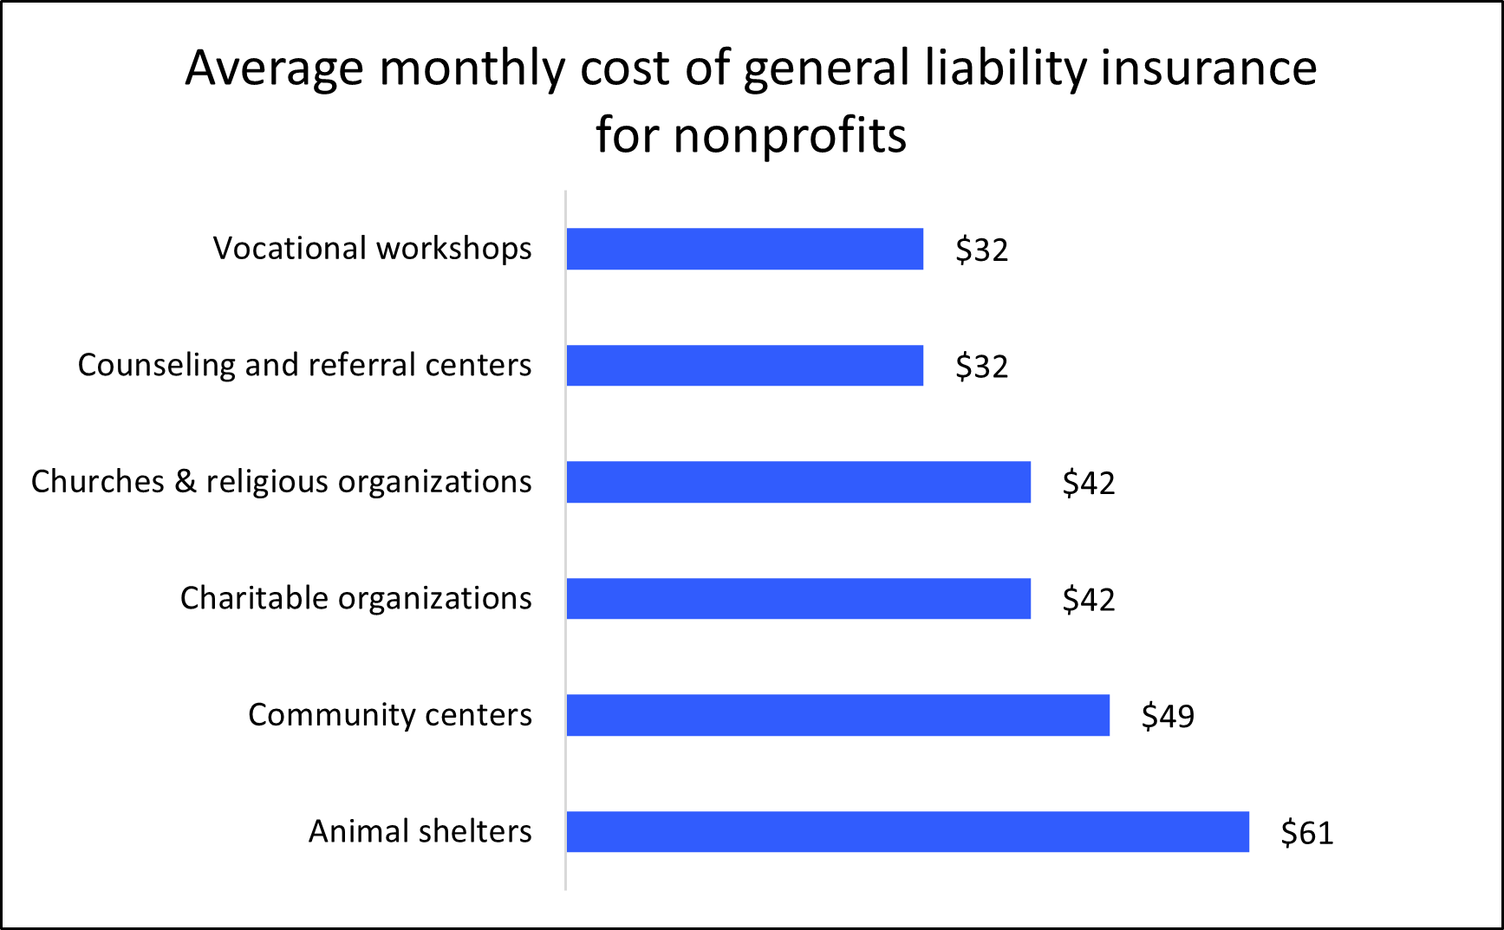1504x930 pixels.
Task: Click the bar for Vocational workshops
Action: pyautogui.click(x=745, y=249)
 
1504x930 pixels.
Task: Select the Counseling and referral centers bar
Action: pyautogui.click(x=745, y=365)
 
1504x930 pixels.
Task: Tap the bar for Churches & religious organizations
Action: pyautogui.click(x=798, y=482)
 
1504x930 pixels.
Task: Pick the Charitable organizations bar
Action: pyautogui.click(x=798, y=598)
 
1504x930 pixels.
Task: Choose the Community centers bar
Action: pyautogui.click(x=837, y=715)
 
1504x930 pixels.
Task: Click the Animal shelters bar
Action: pyautogui.click(x=908, y=831)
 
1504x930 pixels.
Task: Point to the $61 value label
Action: pyautogui.click(x=1306, y=833)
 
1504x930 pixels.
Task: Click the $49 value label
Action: pyautogui.click(x=1168, y=716)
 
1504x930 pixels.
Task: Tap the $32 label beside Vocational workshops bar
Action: pyautogui.click(x=981, y=250)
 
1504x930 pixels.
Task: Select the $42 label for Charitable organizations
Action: pyautogui.click(x=1089, y=600)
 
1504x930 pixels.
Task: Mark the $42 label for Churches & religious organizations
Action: pyautogui.click(x=1089, y=483)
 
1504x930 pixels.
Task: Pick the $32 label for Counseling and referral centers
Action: pyautogui.click(x=981, y=367)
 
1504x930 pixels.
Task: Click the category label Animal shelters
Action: pyautogui.click(x=420, y=831)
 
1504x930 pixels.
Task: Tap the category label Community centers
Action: pyautogui.click(x=389, y=715)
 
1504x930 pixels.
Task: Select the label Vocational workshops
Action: pyautogui.click(x=372, y=249)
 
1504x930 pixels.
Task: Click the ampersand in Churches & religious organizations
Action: pyautogui.click(x=185, y=481)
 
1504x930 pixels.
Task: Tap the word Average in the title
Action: pyautogui.click(x=274, y=68)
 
